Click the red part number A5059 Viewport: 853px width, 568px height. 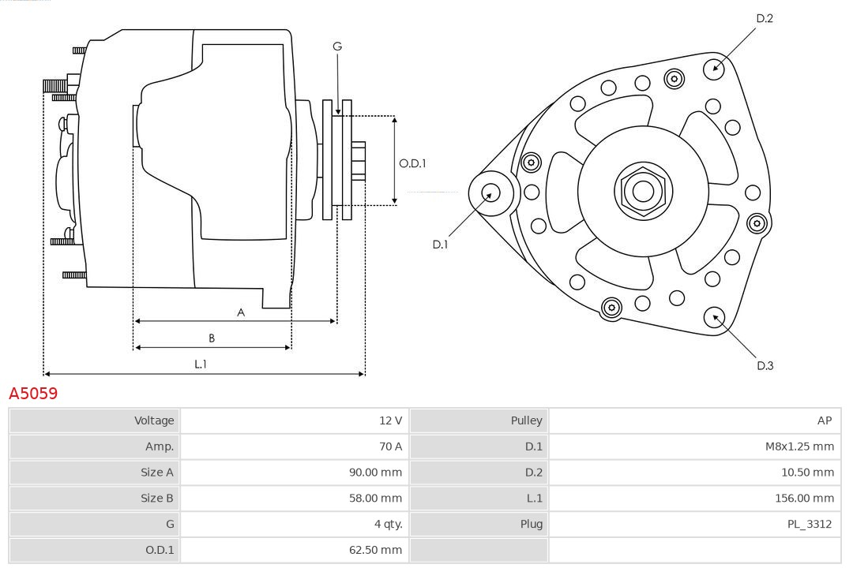pos(33,393)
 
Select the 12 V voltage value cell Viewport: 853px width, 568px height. pos(390,420)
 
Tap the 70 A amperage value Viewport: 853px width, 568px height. pos(390,447)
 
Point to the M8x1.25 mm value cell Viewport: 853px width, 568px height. pos(799,447)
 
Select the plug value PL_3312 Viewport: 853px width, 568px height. pos(809,524)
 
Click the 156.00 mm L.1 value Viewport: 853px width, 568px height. pos(804,498)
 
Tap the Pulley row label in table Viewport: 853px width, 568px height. pos(526,420)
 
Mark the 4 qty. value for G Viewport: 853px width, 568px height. pos(385,524)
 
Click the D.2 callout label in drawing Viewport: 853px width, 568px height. pos(764,18)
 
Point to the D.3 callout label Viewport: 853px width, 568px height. pos(765,365)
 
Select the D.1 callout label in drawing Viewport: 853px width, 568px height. pos(440,245)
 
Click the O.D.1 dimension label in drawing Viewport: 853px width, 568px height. pos(412,164)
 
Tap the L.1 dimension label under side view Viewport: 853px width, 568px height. pos(201,364)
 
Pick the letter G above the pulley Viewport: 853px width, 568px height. pos(337,47)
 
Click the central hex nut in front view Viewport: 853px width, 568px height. pos(643,191)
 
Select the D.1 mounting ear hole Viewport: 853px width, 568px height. pos(490,192)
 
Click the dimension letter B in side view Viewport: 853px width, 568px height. pos(212,338)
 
